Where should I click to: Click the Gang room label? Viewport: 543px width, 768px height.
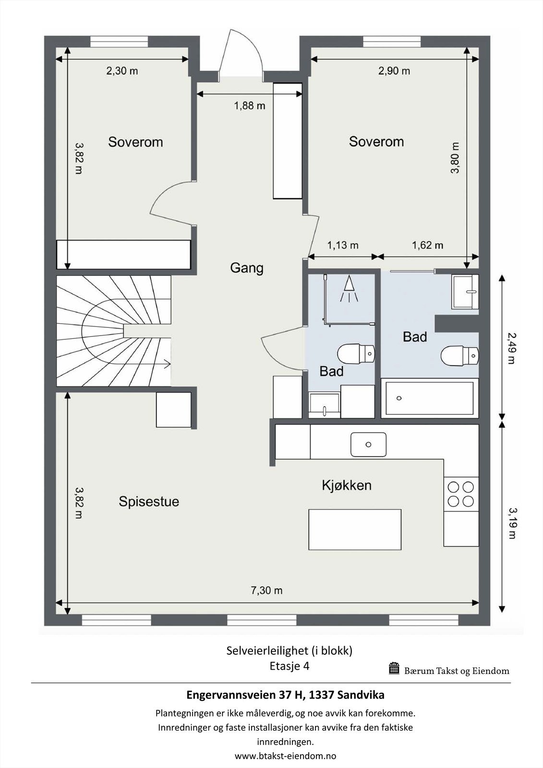pyautogui.click(x=247, y=268)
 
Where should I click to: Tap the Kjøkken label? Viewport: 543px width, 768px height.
pyautogui.click(x=347, y=485)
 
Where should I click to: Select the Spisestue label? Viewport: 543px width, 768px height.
pyautogui.click(x=149, y=501)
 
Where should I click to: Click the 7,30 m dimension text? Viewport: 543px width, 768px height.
pyautogui.click(x=266, y=590)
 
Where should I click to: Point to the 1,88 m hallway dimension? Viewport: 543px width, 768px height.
pyautogui.click(x=250, y=106)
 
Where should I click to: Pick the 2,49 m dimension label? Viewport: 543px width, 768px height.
pyautogui.click(x=511, y=348)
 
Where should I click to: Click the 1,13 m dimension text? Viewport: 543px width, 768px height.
pyautogui.click(x=343, y=245)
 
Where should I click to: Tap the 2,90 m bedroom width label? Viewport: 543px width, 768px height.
pyautogui.click(x=394, y=71)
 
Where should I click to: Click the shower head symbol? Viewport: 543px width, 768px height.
pyautogui.click(x=349, y=288)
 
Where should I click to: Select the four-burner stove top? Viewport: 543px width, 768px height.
pyautogui.click(x=461, y=494)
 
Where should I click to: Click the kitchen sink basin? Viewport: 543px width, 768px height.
pyautogui.click(x=368, y=444)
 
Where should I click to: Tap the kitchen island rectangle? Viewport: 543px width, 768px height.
pyautogui.click(x=355, y=529)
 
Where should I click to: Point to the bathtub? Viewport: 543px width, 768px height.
pyautogui.click(x=430, y=398)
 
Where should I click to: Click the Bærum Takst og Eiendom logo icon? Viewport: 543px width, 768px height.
pyautogui.click(x=394, y=668)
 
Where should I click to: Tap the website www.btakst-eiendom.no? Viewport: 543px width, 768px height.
pyautogui.click(x=285, y=756)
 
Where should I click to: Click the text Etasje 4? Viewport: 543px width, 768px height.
pyautogui.click(x=290, y=665)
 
